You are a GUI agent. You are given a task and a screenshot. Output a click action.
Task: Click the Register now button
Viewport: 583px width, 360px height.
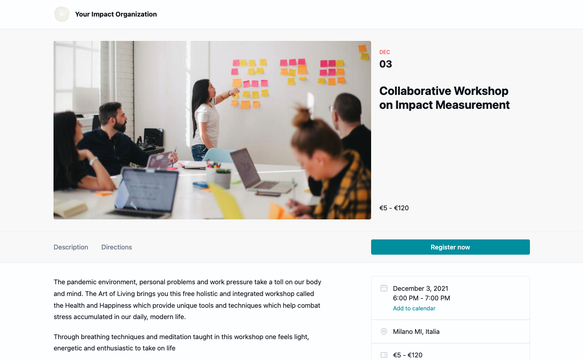(x=450, y=247)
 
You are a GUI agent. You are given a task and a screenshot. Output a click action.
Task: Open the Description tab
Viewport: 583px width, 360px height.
(x=71, y=247)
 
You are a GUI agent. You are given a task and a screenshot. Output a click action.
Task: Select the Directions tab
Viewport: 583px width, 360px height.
(x=117, y=247)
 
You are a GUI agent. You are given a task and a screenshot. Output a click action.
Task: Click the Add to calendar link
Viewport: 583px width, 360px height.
(x=414, y=308)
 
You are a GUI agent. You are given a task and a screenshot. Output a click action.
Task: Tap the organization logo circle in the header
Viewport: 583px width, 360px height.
(x=62, y=14)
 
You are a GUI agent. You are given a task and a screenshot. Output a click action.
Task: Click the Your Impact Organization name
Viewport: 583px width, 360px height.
(x=116, y=14)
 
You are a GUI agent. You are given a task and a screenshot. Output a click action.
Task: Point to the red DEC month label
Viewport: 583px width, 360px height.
(x=385, y=52)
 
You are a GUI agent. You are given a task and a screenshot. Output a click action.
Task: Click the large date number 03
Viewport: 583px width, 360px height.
(x=385, y=64)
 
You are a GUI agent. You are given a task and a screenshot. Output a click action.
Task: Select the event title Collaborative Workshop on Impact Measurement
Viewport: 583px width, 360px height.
(x=444, y=98)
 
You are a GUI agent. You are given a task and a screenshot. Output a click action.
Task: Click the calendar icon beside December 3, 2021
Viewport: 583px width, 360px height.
(x=384, y=288)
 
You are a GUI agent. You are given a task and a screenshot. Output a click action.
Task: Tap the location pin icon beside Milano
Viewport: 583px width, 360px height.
(x=384, y=331)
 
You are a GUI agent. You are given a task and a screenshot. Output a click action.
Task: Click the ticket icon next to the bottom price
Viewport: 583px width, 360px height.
(x=384, y=355)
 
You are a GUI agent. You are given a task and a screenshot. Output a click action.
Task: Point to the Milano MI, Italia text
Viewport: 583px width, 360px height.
(x=416, y=331)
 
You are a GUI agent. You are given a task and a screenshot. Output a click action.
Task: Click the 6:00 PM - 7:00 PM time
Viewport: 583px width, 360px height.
(x=422, y=298)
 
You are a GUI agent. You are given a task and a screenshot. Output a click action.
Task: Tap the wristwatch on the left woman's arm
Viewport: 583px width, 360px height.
(x=93, y=161)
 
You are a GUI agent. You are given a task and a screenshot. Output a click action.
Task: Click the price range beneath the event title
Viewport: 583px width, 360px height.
(x=394, y=208)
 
